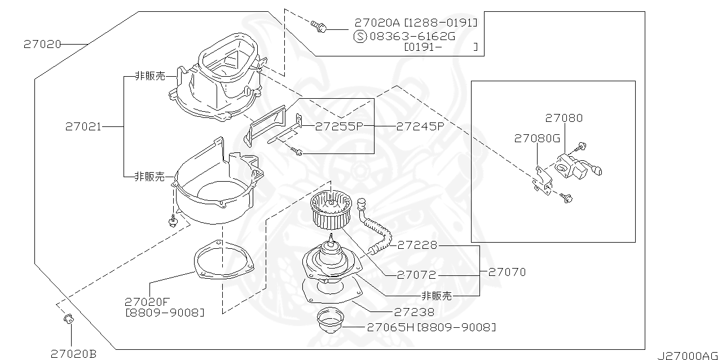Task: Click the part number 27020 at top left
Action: [x=42, y=43]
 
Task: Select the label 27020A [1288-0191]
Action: [x=416, y=23]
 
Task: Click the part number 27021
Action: [x=83, y=127]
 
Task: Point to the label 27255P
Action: [x=338, y=126]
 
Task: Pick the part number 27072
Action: [x=416, y=275]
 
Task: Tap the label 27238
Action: [x=415, y=311]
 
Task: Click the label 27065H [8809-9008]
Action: [x=431, y=327]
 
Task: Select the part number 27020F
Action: [x=147, y=302]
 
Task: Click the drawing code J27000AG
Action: [x=688, y=355]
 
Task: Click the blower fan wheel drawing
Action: [x=331, y=208]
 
